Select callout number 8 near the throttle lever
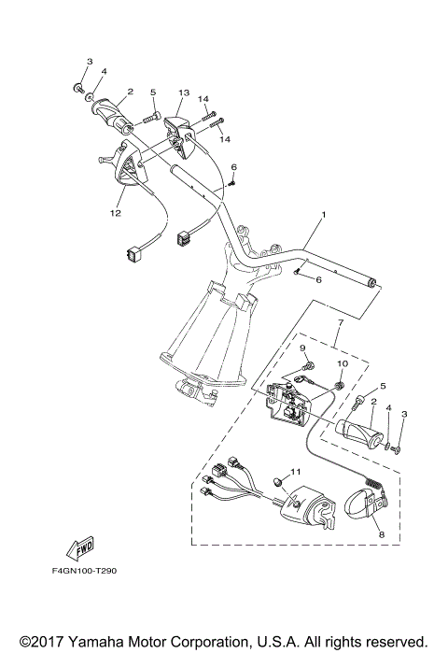click(x=381, y=532)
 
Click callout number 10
click(x=343, y=362)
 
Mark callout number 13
click(x=184, y=93)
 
